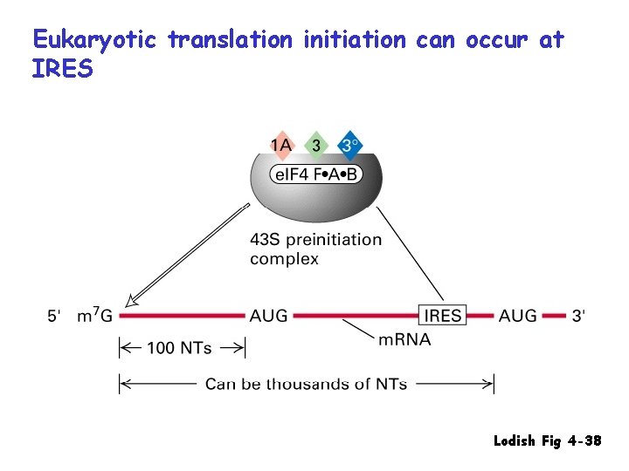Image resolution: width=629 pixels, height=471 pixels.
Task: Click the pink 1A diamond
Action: point(281,144)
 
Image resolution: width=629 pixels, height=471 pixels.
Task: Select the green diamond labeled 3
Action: point(315,144)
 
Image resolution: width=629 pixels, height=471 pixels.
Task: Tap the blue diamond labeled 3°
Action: point(349,145)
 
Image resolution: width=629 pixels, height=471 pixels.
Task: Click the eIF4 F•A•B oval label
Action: point(316,174)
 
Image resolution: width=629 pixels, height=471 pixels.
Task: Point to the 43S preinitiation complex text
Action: point(315,249)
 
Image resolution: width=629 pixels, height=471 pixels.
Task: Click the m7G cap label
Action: point(95,316)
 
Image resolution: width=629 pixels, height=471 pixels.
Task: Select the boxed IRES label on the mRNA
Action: point(443,316)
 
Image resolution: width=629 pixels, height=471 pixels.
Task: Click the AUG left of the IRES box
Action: point(268,316)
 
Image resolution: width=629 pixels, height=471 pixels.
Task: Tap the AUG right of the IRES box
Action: point(518,316)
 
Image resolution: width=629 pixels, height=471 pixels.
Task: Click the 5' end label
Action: point(54,316)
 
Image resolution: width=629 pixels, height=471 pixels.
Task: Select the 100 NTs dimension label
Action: point(179,348)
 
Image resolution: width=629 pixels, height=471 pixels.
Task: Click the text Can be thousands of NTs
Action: point(306,383)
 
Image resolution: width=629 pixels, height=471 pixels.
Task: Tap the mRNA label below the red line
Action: point(404,339)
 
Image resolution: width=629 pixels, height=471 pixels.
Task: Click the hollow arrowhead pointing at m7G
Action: point(131,301)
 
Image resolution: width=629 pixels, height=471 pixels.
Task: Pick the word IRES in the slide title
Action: point(62,69)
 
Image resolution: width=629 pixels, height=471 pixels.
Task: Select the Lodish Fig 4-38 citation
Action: point(547,441)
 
